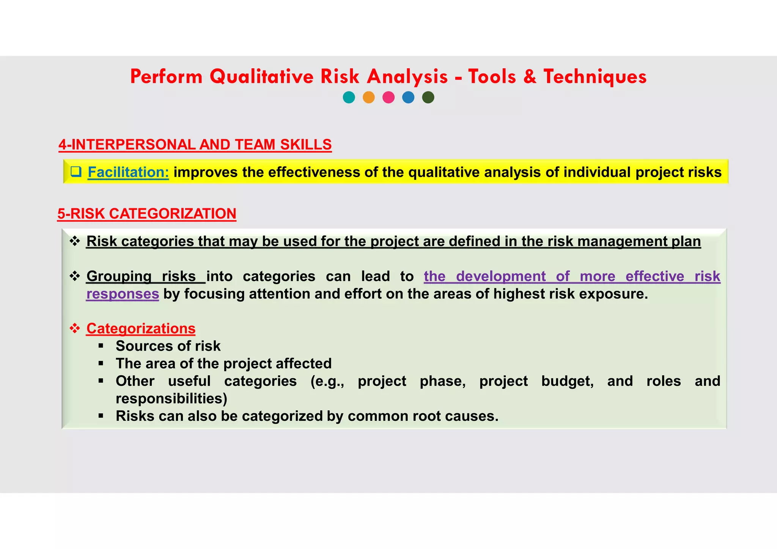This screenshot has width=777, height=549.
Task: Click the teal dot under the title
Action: pyautogui.click(x=349, y=98)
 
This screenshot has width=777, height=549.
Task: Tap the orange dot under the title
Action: pyautogui.click(x=369, y=98)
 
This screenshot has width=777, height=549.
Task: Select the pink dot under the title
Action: pyautogui.click(x=388, y=98)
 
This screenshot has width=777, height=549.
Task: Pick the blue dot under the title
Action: pyautogui.click(x=408, y=98)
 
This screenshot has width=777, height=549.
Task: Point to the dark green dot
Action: pyautogui.click(x=428, y=98)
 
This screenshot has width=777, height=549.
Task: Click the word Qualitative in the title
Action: pyautogui.click(x=262, y=77)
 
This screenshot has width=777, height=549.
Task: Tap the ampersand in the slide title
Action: pyautogui.click(x=530, y=77)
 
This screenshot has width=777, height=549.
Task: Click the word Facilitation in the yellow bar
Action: pyautogui.click(x=128, y=172)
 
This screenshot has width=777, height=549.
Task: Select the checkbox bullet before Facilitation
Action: pyautogui.click(x=76, y=172)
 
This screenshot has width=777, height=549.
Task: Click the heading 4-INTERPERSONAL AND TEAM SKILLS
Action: pyautogui.click(x=195, y=145)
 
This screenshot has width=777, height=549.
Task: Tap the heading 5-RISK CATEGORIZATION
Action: pyautogui.click(x=147, y=214)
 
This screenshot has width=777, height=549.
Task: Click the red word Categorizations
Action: pyautogui.click(x=141, y=329)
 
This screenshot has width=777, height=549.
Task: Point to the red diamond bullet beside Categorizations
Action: pyautogui.click(x=75, y=328)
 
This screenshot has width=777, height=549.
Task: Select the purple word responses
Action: pyautogui.click(x=123, y=294)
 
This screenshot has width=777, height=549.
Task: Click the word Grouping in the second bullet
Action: pyautogui.click(x=119, y=276)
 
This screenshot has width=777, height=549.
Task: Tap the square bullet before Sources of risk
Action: pyautogui.click(x=101, y=346)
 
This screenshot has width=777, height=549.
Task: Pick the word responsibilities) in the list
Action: pyautogui.click(x=171, y=398)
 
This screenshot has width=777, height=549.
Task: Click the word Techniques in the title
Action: pyautogui.click(x=595, y=77)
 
